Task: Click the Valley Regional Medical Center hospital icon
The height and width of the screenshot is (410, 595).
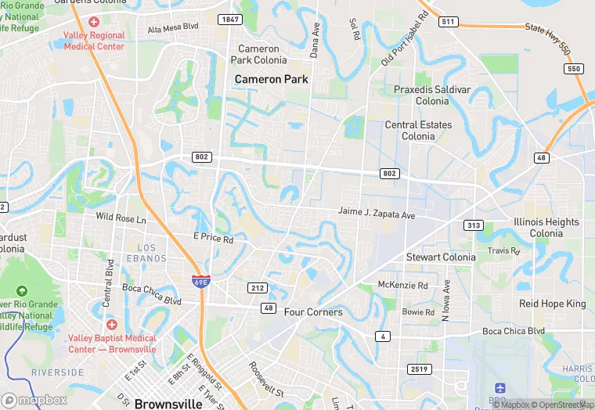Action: click(x=94, y=22)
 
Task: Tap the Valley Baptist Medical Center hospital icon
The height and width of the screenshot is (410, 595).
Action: click(x=111, y=324)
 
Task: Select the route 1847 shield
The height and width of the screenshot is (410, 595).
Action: click(x=230, y=19)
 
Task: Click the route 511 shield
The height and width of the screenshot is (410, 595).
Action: click(x=448, y=21)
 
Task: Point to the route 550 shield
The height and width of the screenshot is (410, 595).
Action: click(x=574, y=69)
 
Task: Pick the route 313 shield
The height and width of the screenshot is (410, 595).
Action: click(x=472, y=225)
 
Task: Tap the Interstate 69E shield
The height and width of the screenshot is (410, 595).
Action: click(x=200, y=280)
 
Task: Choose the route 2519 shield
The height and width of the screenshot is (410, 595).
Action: click(x=419, y=368)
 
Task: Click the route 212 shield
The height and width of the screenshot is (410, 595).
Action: click(x=257, y=288)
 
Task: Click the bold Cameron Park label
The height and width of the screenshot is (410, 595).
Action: click(x=272, y=79)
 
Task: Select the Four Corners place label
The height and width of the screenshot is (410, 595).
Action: click(x=313, y=312)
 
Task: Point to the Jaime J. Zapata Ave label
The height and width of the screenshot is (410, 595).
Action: click(x=376, y=212)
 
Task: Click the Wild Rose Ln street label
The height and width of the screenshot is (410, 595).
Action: click(x=121, y=217)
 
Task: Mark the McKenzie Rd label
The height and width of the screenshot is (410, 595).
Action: click(x=402, y=285)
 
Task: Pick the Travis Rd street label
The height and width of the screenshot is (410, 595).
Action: click(x=503, y=251)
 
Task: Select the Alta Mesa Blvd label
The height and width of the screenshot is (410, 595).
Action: click(x=173, y=27)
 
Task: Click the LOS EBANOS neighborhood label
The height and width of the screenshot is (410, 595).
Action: click(x=141, y=253)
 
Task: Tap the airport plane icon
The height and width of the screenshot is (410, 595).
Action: click(x=500, y=388)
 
